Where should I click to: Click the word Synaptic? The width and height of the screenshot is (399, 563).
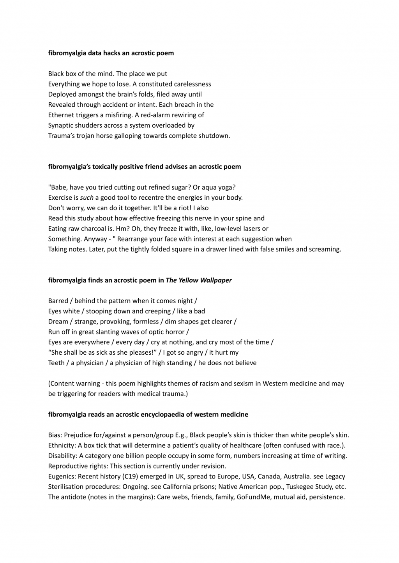(x=61, y=125)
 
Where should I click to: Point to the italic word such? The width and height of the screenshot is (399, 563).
(x=87, y=197)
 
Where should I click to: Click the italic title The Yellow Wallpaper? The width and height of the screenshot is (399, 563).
(x=198, y=280)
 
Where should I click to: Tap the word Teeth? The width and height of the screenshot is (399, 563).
(x=56, y=363)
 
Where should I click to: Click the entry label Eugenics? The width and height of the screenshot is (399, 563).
(x=62, y=476)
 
